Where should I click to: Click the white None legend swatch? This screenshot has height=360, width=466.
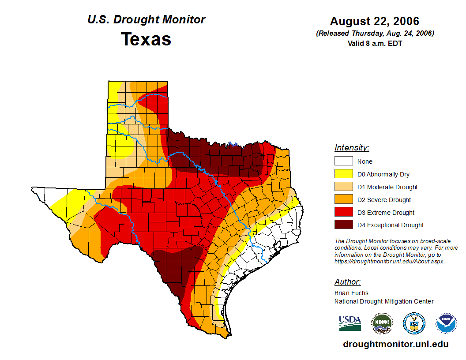pyautogui.click(x=343, y=161)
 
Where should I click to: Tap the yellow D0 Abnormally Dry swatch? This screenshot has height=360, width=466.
pyautogui.click(x=343, y=174)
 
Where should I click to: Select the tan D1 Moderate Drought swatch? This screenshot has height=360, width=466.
pyautogui.click(x=343, y=187)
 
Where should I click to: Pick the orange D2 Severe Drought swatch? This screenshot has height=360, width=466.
pyautogui.click(x=343, y=200)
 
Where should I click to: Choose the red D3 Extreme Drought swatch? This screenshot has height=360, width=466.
pyautogui.click(x=343, y=213)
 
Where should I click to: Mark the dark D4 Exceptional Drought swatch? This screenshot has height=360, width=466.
pyautogui.click(x=343, y=225)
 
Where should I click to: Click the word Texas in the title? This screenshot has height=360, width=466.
pyautogui.click(x=146, y=39)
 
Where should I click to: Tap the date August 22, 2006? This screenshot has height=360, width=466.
pyautogui.click(x=375, y=21)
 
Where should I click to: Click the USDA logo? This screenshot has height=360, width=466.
pyautogui.click(x=350, y=323)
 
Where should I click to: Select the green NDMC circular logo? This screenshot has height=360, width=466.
pyautogui.click(x=382, y=323)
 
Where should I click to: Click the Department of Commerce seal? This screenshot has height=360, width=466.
pyautogui.click(x=414, y=323)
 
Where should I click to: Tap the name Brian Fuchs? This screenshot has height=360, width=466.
pyautogui.click(x=351, y=293)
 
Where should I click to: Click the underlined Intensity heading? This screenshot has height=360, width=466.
pyautogui.click(x=352, y=148)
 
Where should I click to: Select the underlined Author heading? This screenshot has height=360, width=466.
pyautogui.click(x=347, y=282)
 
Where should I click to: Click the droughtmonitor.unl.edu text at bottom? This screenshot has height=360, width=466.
pyautogui.click(x=396, y=345)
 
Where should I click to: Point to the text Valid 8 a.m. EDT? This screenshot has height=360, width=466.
pyautogui.click(x=375, y=43)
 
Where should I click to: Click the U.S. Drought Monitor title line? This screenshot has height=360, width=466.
pyautogui.click(x=146, y=20)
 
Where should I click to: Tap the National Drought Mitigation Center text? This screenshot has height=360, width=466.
pyautogui.click(x=384, y=301)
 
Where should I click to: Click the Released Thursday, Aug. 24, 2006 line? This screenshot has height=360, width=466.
pyautogui.click(x=375, y=34)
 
